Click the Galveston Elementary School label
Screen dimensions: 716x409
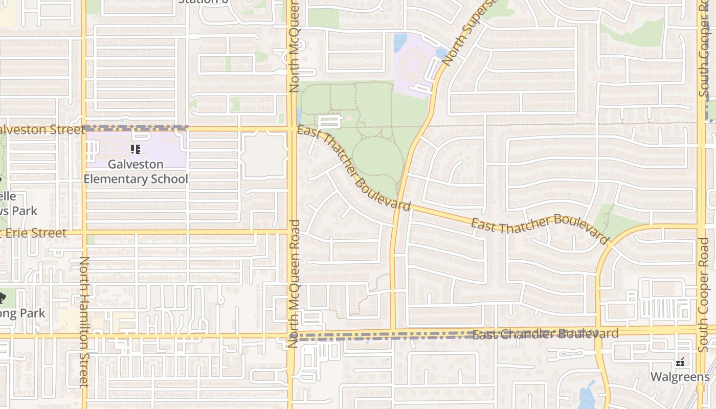tap(136, 172)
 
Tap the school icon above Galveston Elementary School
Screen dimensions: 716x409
tap(136, 149)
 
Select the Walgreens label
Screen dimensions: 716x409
tap(680, 377)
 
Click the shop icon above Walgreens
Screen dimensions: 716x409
tap(680, 362)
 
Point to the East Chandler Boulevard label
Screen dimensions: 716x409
tap(545, 334)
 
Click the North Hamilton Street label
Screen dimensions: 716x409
tap(84, 322)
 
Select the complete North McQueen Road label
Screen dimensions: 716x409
tap(294, 284)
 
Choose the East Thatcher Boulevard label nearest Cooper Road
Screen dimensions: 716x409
tap(540, 228)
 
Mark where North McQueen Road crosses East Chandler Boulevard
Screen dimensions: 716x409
tap(292, 335)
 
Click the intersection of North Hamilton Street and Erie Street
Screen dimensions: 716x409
tap(83, 233)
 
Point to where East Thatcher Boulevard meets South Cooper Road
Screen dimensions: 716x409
tap(701, 225)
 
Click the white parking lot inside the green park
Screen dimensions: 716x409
tap(329, 122)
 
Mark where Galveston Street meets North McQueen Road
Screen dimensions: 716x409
tap(292, 129)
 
